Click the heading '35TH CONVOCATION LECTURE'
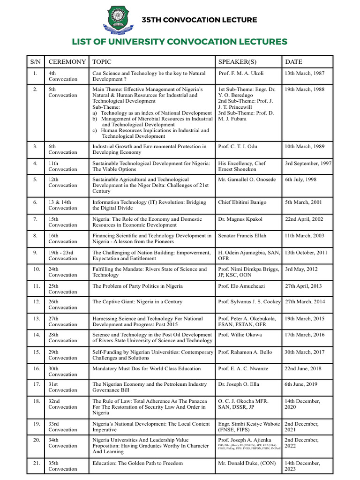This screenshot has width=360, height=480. coord(199,20)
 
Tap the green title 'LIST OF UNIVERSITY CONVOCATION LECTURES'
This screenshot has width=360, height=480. coord(180,42)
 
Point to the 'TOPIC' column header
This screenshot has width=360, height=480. coord(102,62)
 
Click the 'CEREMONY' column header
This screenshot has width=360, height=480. coord(67,62)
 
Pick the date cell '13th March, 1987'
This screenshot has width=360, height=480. coord(304,74)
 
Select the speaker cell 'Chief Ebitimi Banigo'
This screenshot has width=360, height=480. coord(242,202)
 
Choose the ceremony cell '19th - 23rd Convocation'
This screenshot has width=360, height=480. coord(63,255)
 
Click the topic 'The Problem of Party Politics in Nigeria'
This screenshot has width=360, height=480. coord(137,286)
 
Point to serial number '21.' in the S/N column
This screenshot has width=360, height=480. coord(36,463)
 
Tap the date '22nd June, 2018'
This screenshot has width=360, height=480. coord(303,369)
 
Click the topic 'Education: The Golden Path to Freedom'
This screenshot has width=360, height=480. coord(137,463)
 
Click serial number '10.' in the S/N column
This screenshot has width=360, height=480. coord(36,270)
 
